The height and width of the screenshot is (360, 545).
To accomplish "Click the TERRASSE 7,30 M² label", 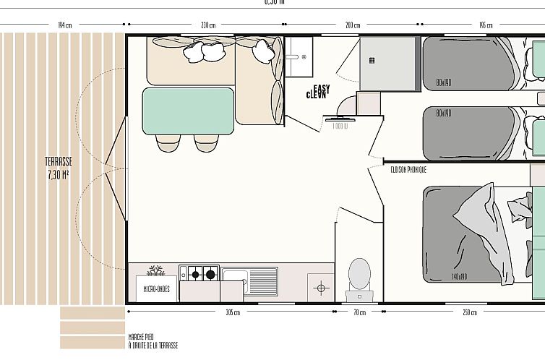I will tap(59, 168).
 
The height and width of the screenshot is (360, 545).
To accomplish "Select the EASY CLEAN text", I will tap(317, 92).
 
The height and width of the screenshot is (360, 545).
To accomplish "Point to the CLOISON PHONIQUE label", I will tap(408, 169).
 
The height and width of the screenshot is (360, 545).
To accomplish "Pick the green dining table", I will tap(188, 111).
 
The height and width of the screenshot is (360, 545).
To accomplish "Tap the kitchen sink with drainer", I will tap(249, 274).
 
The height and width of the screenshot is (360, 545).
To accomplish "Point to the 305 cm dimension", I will tap(231, 312).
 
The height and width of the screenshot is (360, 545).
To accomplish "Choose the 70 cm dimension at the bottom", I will tap(359, 312).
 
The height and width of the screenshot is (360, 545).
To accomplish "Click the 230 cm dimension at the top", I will tap(208, 25).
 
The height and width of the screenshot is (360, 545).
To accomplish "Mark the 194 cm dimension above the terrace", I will tap(64, 25).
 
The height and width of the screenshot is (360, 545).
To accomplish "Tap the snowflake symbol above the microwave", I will tap(155, 271).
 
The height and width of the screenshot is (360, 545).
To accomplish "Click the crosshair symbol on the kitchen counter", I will tap(321, 288).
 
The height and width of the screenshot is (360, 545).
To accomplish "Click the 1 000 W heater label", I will tap(340, 126).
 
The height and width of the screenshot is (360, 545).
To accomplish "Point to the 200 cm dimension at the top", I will tap(353, 25).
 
